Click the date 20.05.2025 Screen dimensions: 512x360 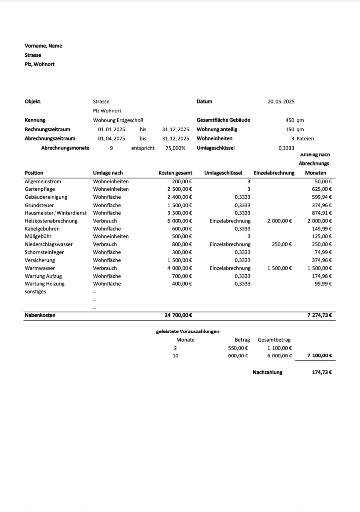point(281,102)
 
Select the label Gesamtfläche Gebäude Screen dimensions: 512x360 point(224,120)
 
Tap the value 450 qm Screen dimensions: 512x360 point(295,120)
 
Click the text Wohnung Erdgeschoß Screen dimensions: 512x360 point(118,120)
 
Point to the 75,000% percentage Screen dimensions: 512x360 point(175,148)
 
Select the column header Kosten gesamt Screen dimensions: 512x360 point(175,173)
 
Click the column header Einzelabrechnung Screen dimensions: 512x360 point(274,173)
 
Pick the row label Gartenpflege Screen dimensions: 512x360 point(40,189)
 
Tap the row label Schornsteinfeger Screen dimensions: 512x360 point(44,252)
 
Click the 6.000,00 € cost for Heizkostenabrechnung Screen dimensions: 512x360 point(180,221)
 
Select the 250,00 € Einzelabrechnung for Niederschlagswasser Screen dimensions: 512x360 point(282,244)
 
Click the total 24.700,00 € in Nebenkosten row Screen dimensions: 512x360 point(178,315)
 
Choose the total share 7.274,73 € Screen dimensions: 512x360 point(320,315)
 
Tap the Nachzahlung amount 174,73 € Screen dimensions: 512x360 point(322,372)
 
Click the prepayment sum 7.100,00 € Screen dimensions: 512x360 point(320,356)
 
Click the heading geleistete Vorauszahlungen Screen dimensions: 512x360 point(188,332)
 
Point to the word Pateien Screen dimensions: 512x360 point(305,139)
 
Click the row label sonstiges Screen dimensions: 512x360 point(35,292)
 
